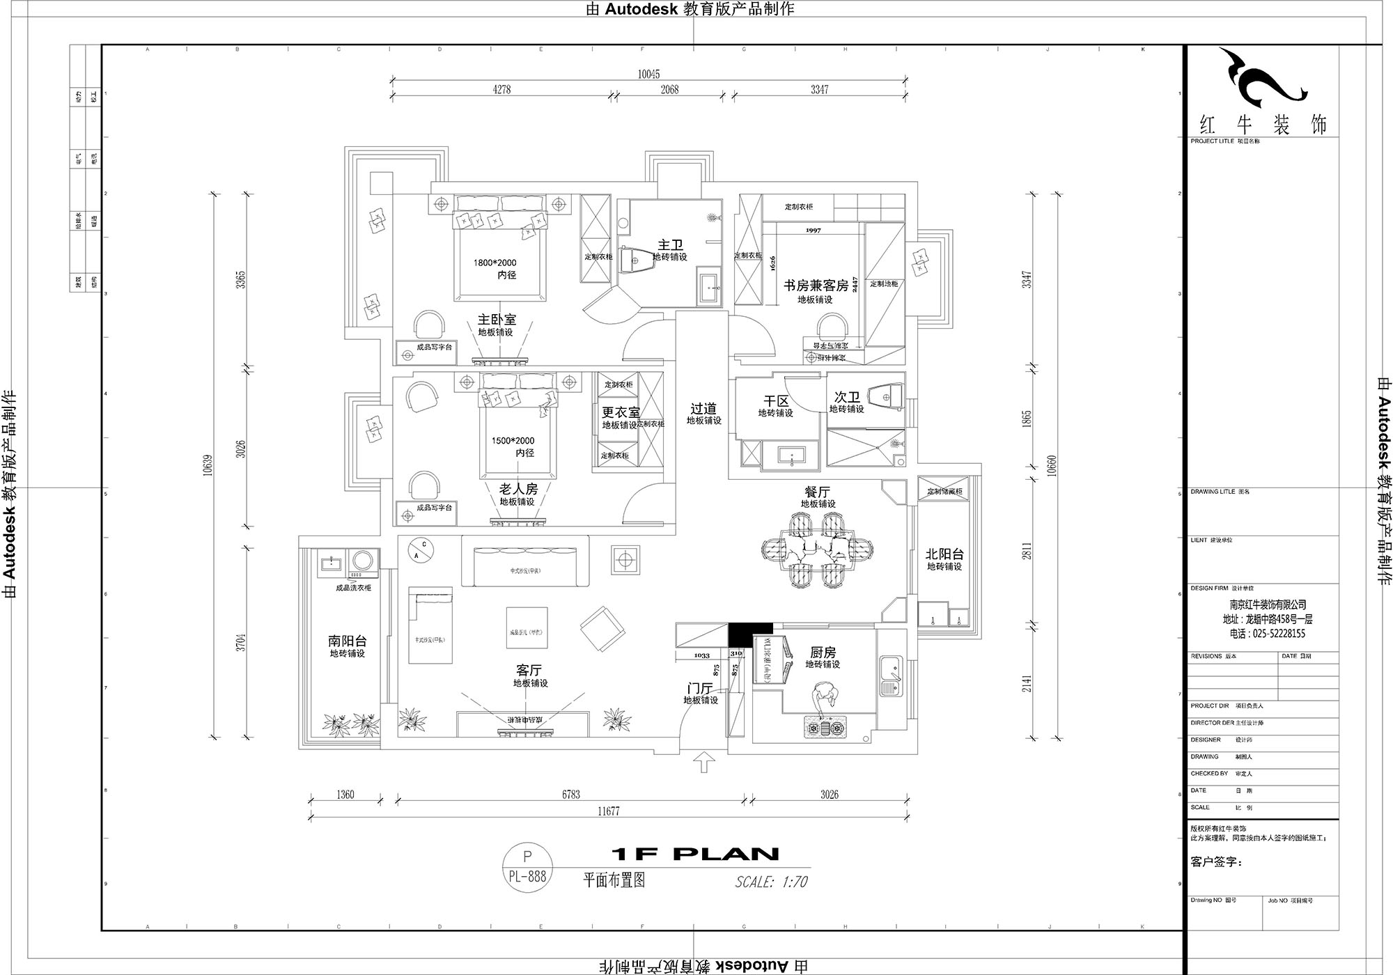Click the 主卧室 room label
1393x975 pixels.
(x=497, y=320)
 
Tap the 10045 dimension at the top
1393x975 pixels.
(x=648, y=75)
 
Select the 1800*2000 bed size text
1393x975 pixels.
(x=495, y=263)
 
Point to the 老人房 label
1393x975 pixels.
(x=518, y=489)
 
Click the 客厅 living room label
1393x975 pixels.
(x=529, y=670)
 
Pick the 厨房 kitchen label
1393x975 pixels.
(x=823, y=653)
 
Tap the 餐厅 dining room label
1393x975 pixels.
(x=818, y=492)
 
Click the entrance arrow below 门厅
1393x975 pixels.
(x=705, y=761)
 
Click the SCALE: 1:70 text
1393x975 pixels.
(x=771, y=882)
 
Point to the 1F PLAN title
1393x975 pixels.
(x=694, y=854)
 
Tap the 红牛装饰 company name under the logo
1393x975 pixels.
(x=1262, y=125)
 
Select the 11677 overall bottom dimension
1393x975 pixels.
(x=607, y=811)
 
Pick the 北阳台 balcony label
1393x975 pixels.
(x=944, y=554)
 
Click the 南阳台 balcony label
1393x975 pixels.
(x=347, y=641)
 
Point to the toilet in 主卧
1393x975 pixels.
(x=634, y=260)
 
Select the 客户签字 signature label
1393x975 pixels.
(x=1215, y=862)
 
